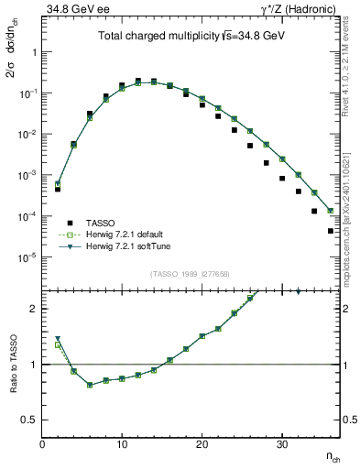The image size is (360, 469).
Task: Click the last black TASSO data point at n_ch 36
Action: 330,231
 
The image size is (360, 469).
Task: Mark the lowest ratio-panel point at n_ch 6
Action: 90,385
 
